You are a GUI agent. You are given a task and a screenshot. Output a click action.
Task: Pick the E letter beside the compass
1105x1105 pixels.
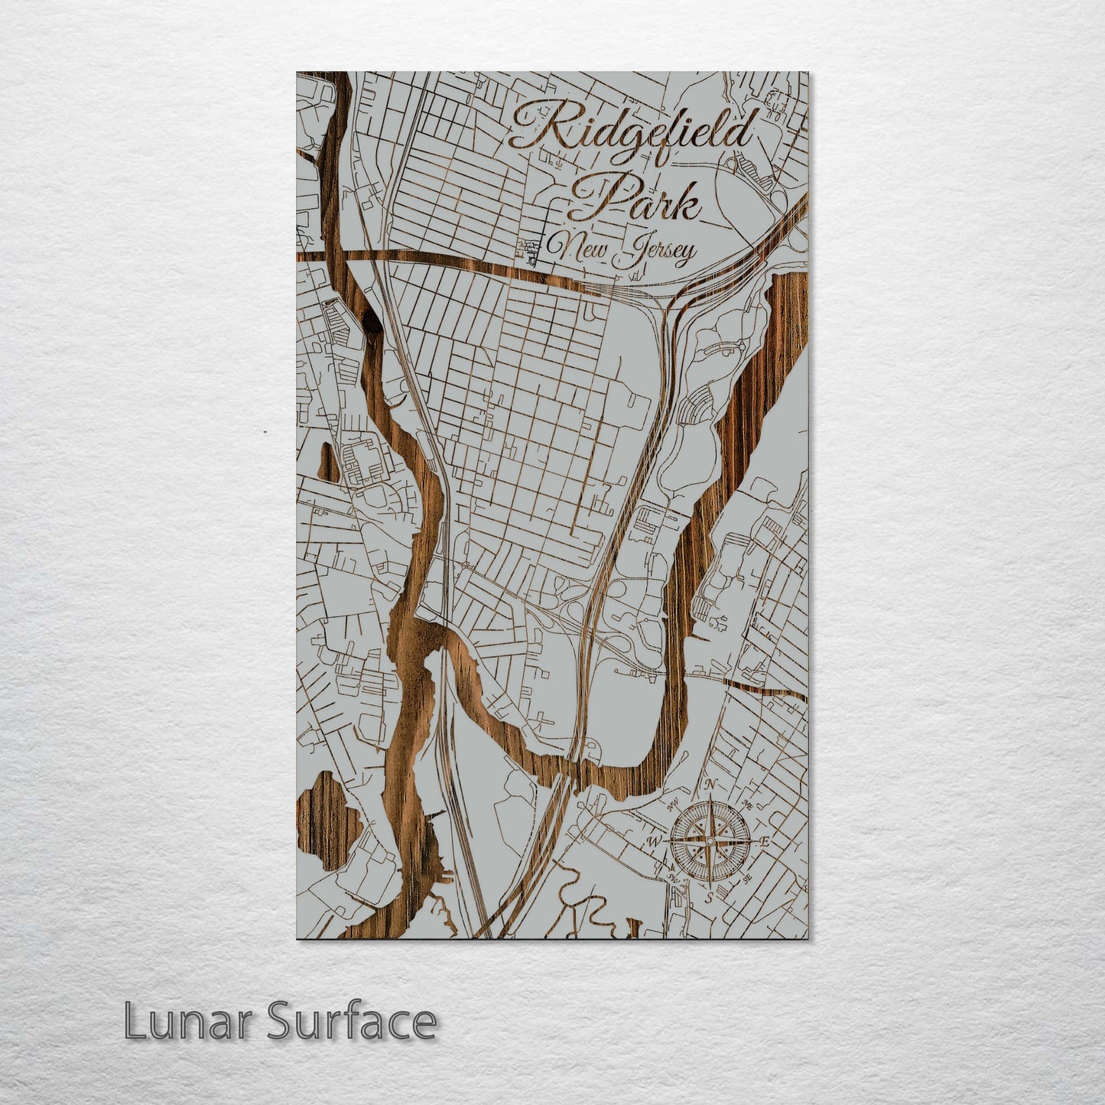coord(765,842)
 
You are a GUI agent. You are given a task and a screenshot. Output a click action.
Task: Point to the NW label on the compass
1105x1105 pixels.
coord(674,804)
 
